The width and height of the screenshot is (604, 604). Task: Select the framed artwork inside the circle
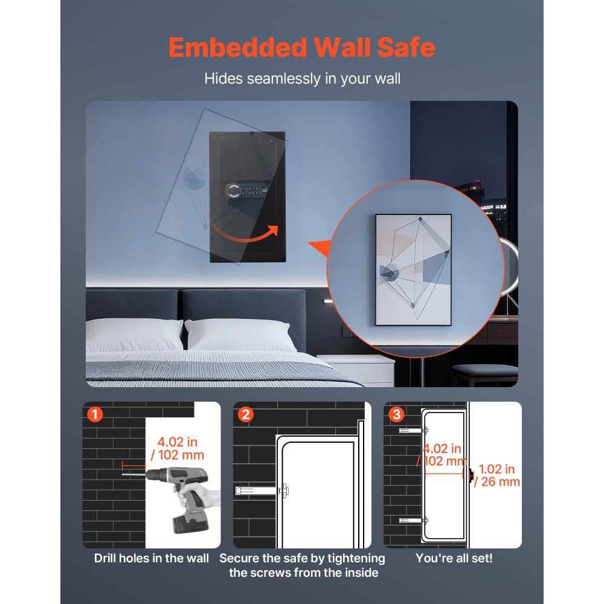(x=413, y=269)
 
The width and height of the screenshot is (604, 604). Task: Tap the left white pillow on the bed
(x=133, y=334)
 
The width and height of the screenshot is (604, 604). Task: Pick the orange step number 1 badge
(x=95, y=414)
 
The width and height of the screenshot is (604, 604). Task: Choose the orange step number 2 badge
(x=246, y=414)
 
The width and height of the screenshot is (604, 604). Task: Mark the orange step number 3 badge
(x=397, y=414)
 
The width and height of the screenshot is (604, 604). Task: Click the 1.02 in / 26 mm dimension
(x=497, y=475)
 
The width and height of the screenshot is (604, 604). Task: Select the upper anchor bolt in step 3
(x=413, y=431)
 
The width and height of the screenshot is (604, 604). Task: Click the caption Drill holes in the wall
(x=151, y=559)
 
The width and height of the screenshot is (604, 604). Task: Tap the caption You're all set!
(x=454, y=559)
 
